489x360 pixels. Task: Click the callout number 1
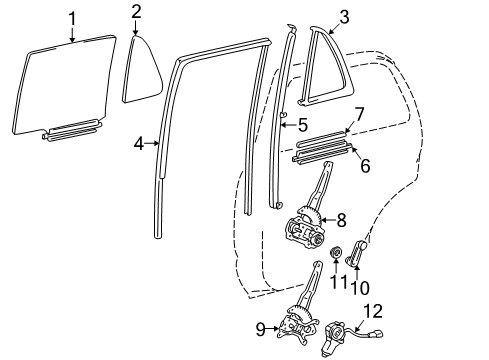point(71,17)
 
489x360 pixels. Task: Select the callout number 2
point(136,12)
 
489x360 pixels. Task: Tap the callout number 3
point(343,17)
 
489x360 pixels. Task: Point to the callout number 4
point(139,144)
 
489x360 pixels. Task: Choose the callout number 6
point(364,166)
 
